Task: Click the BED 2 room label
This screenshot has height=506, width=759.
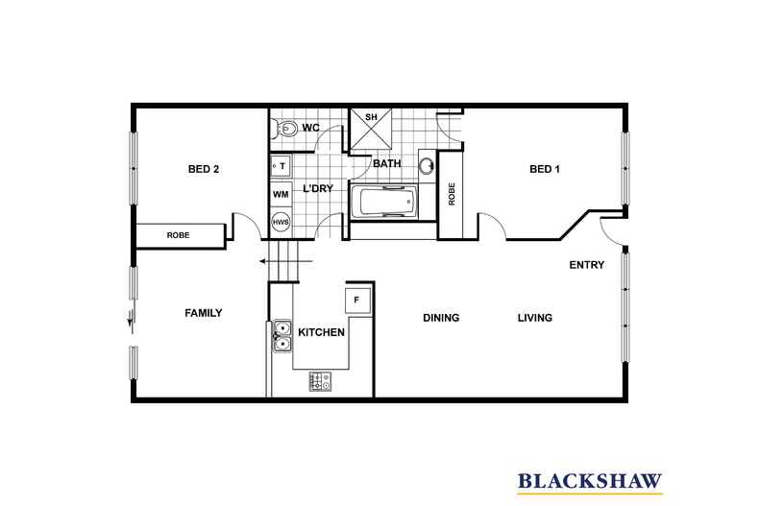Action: (x=204, y=169)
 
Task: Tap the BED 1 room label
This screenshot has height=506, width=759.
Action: (x=545, y=169)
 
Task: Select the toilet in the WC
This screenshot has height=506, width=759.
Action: (x=284, y=129)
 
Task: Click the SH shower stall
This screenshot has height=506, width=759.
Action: (x=371, y=129)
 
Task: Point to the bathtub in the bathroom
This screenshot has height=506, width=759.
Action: (x=384, y=202)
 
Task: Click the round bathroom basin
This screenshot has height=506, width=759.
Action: (x=427, y=165)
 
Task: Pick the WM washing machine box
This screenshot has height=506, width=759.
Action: (x=281, y=195)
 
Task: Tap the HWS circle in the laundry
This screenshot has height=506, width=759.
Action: (x=281, y=223)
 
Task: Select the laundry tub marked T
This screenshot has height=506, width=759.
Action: (x=281, y=166)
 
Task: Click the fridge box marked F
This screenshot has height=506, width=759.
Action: (x=357, y=301)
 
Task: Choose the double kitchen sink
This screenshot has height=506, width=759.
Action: (x=282, y=336)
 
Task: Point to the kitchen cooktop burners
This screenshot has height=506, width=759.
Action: (x=321, y=381)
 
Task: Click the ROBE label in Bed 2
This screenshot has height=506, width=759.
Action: (x=178, y=235)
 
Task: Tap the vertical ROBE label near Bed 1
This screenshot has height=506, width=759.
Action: (x=452, y=194)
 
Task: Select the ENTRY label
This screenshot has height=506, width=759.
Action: (x=587, y=265)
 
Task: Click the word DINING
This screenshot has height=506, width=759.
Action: (x=441, y=318)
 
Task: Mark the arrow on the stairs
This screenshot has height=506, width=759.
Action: (x=285, y=262)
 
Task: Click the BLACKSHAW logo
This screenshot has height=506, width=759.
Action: (x=590, y=482)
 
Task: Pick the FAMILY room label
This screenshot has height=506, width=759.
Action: (x=204, y=313)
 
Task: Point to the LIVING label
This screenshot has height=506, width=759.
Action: (x=535, y=318)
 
